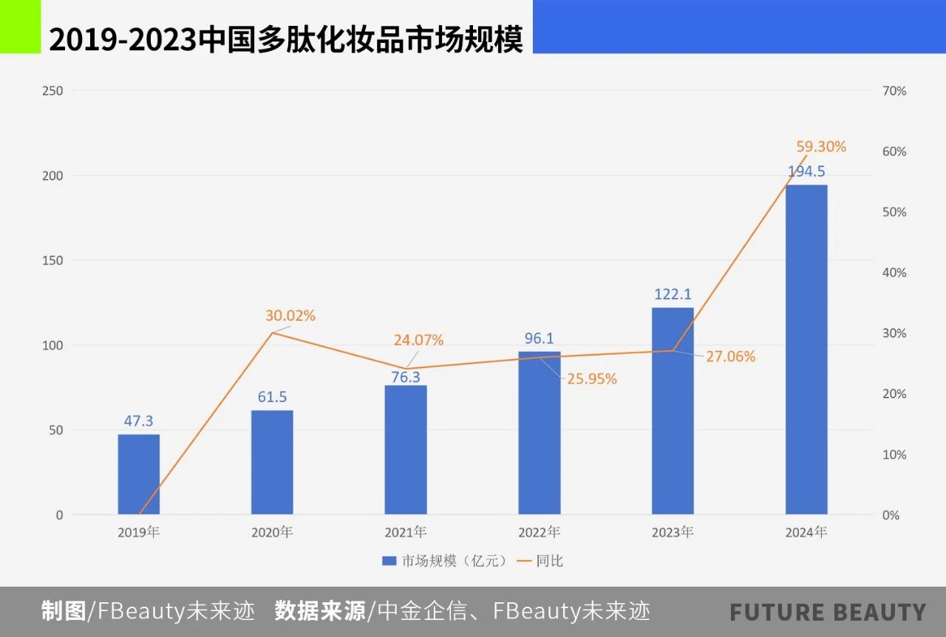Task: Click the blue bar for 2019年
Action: tap(138, 474)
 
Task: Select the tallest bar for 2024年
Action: tap(806, 350)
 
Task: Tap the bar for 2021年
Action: tap(405, 450)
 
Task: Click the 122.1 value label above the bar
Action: tap(673, 294)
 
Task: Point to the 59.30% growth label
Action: tap(820, 147)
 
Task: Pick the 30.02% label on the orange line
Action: tap(290, 316)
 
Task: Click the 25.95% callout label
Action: tap(592, 379)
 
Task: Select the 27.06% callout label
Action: tap(730, 357)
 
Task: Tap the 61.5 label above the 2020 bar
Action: tap(272, 397)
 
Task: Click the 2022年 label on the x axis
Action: tap(539, 532)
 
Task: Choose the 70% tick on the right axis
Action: tap(894, 91)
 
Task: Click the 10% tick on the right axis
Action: tap(894, 454)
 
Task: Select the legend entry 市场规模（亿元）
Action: tap(446, 561)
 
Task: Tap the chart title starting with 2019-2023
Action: tap(285, 39)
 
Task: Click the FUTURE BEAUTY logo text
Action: tap(828, 612)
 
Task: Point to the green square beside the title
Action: tap(20, 27)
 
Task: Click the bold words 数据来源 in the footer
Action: tap(320, 611)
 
